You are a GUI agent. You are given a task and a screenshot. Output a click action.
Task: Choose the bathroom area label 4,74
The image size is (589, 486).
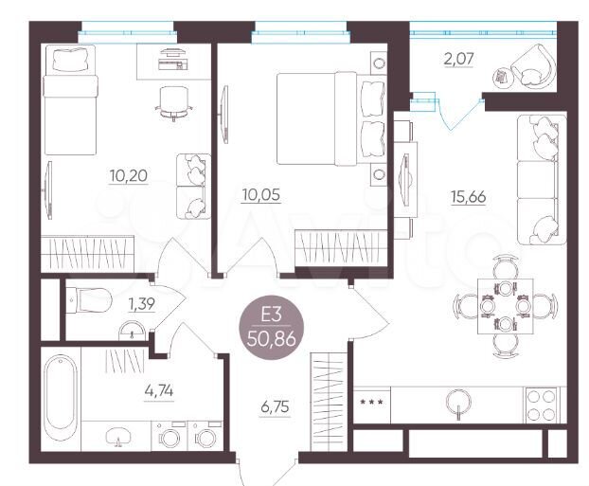pos(104,387)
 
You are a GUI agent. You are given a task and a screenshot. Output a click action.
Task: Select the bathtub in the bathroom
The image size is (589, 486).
pos(59,398)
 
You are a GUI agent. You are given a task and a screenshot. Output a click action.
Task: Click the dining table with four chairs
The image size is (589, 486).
pos(497,303)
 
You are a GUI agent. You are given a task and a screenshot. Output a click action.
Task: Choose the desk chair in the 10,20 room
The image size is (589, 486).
pos(172,100)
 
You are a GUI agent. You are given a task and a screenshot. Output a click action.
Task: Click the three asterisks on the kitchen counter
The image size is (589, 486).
pos(372,404)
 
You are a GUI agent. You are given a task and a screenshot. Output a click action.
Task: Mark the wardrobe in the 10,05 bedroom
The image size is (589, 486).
pos(341,251)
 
